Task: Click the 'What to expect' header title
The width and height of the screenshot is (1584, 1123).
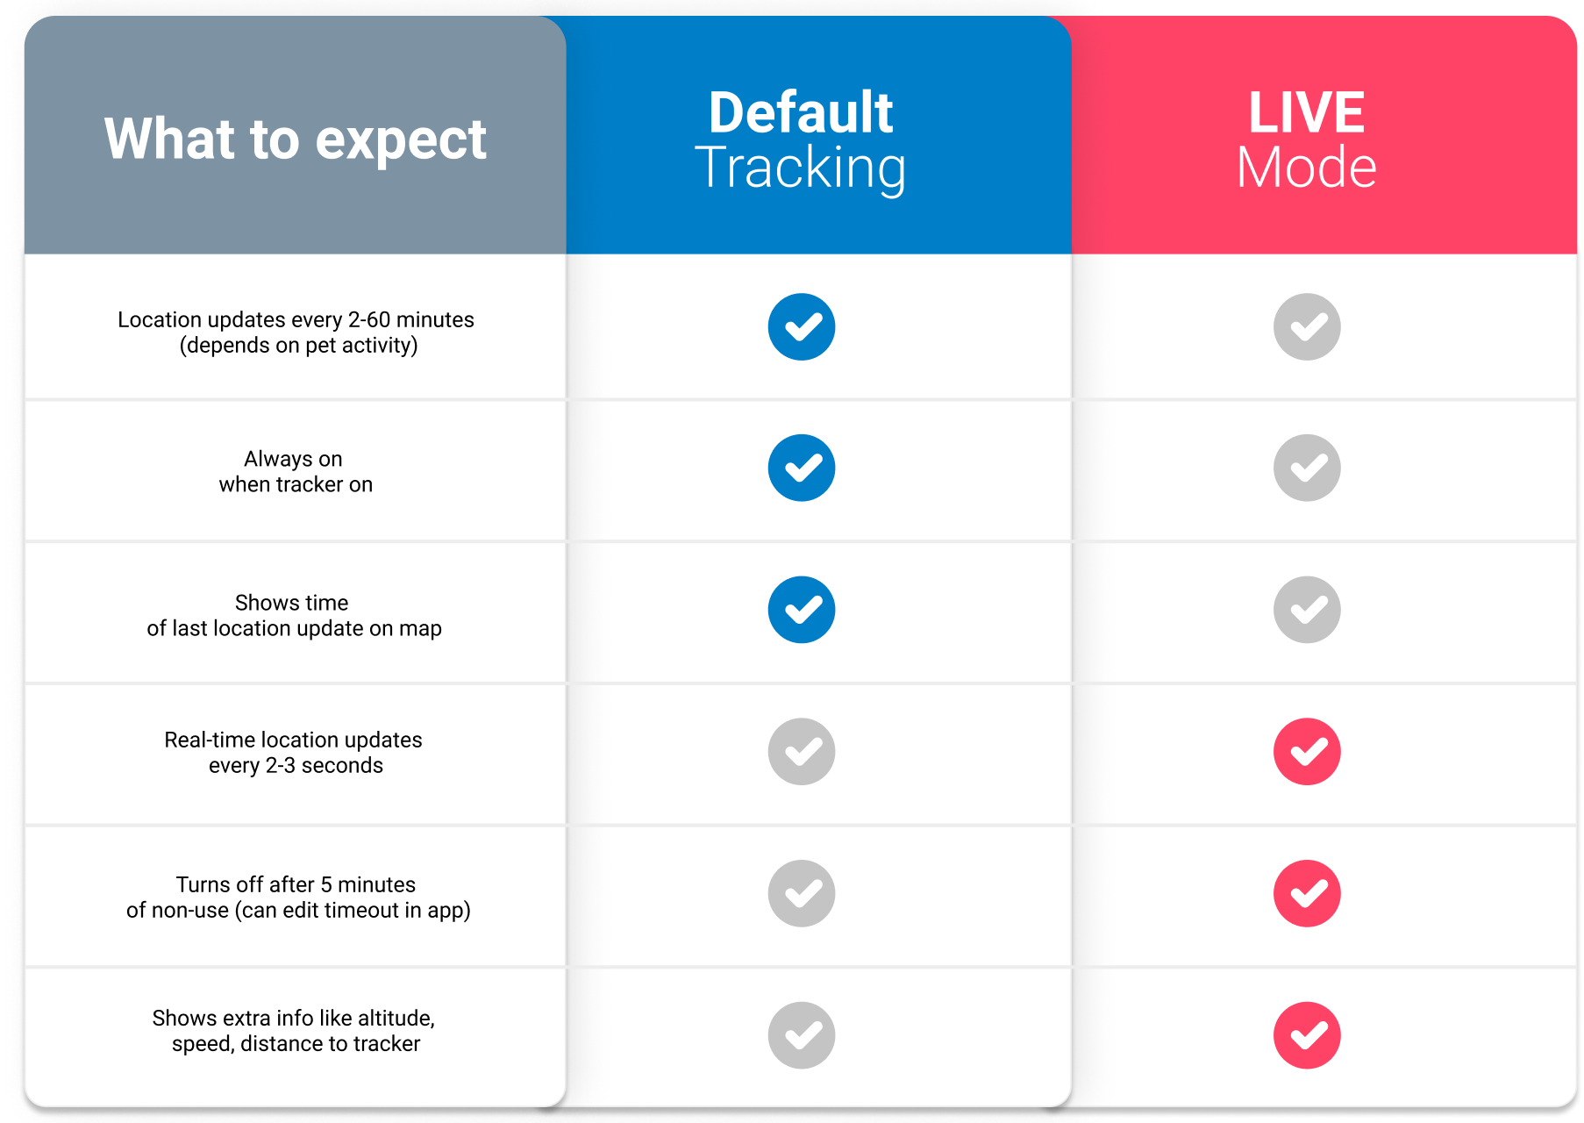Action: (x=295, y=139)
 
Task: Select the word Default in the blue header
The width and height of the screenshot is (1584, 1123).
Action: (x=801, y=112)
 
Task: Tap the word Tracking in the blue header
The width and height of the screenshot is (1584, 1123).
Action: (x=801, y=168)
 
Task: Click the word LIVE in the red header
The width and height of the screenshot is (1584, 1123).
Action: (x=1307, y=112)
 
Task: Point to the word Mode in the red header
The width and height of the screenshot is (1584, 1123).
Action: (x=1307, y=167)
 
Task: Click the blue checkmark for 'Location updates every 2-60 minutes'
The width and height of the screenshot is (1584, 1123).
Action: (x=802, y=326)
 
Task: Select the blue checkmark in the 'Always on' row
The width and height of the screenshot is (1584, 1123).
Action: (x=802, y=468)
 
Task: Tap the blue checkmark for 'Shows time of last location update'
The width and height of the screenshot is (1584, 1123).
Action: (x=802, y=610)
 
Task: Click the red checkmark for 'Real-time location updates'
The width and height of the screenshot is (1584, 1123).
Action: (x=1307, y=752)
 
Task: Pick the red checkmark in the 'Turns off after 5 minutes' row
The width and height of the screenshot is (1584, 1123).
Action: (x=1307, y=893)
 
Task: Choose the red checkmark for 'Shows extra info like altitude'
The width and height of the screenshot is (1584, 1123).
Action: (x=1307, y=1035)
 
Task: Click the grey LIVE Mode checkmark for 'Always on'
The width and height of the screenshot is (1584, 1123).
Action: (x=1307, y=468)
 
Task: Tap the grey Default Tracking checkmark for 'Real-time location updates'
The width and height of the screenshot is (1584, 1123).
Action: (x=802, y=752)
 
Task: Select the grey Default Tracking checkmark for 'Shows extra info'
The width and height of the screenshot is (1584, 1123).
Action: (x=802, y=1035)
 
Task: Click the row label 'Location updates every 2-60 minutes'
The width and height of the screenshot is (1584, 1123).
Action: (x=296, y=319)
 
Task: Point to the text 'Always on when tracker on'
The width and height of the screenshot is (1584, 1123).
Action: (x=296, y=472)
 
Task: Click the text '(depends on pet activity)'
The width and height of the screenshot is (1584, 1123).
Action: (x=298, y=346)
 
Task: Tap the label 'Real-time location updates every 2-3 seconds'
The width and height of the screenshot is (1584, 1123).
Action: (x=294, y=753)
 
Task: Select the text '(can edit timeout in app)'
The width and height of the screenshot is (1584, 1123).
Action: (x=353, y=911)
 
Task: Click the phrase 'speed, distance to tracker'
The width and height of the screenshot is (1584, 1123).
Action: (x=296, y=1044)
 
